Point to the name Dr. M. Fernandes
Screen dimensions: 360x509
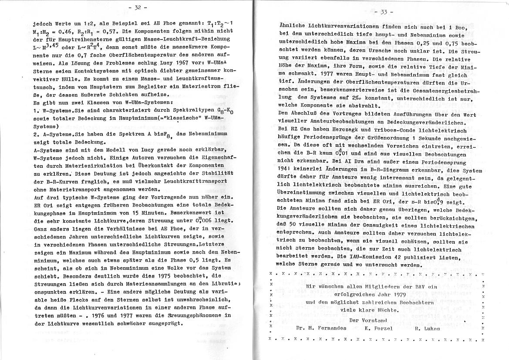point(321,328)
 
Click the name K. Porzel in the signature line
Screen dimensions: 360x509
point(380,328)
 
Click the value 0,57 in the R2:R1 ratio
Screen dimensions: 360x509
point(109,33)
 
